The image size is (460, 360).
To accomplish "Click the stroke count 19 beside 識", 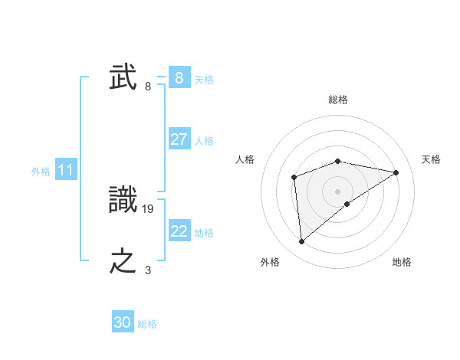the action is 149,208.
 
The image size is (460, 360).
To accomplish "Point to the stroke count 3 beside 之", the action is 148,270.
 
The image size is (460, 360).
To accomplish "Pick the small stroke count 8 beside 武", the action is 148,87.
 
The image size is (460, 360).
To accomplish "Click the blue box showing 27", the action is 179,139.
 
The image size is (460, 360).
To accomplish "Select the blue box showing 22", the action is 179,231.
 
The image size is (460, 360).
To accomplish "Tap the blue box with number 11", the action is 65,171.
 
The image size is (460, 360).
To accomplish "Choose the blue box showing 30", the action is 123,322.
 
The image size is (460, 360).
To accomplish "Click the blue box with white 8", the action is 179,78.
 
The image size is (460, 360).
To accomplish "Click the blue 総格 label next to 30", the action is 147,324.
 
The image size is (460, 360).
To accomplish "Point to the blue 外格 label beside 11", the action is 41,172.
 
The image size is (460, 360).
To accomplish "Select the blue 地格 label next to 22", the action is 204,233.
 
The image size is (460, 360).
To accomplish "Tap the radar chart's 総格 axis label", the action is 338,100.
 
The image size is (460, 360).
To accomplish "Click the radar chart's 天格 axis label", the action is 431,159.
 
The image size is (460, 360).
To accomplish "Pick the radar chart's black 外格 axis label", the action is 270,262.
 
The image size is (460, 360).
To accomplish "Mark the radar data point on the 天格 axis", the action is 396,172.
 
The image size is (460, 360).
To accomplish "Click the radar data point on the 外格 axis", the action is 302,242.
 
